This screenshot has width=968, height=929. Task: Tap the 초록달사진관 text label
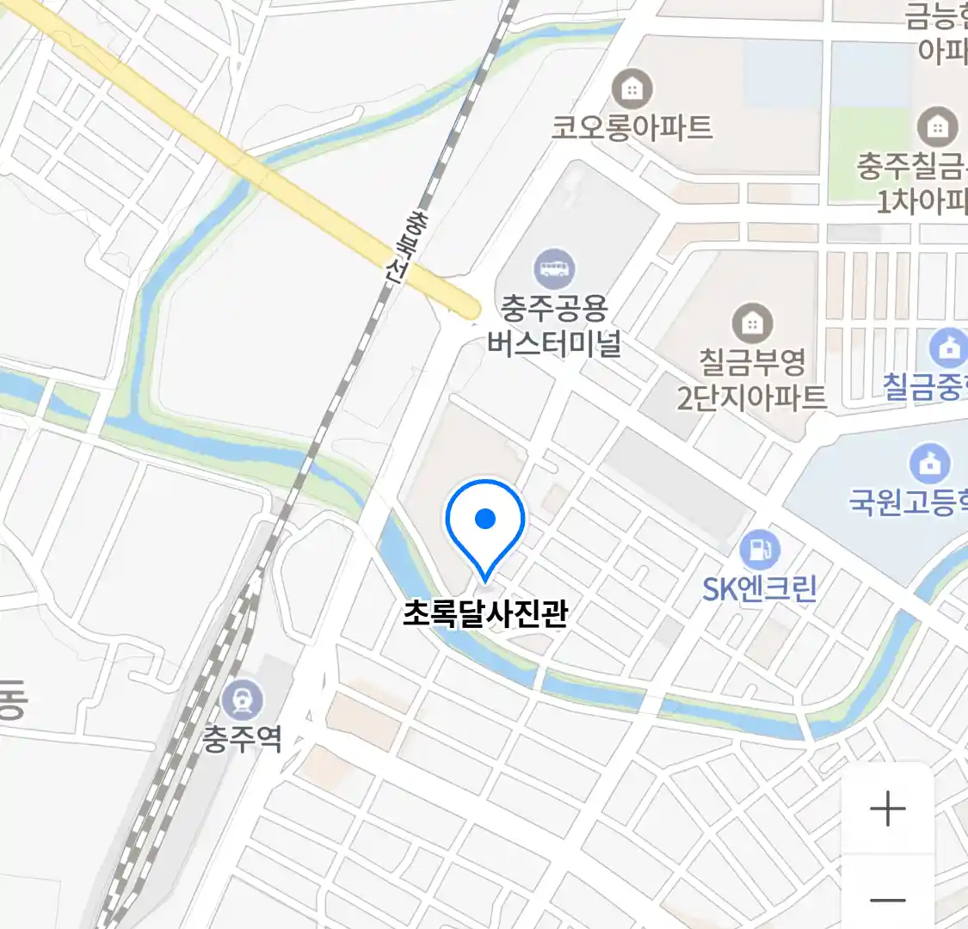(485, 613)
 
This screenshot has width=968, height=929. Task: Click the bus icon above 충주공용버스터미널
(554, 269)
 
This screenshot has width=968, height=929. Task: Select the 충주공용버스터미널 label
(554, 326)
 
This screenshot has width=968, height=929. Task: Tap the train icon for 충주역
(242, 700)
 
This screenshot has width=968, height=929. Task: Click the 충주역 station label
(242, 739)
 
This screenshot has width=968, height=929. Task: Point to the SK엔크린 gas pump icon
(759, 549)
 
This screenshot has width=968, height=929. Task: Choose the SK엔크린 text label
(759, 589)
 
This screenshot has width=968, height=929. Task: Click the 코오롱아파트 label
(632, 128)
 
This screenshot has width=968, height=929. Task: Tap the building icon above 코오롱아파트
(632, 89)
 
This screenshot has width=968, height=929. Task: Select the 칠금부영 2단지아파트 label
(751, 379)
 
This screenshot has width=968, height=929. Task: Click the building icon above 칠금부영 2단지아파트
(752, 323)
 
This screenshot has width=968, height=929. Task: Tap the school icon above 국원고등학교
(930, 464)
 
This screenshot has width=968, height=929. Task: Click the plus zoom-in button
(887, 809)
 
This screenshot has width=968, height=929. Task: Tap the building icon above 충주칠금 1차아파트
(937, 127)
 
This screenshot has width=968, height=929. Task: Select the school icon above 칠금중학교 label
(949, 348)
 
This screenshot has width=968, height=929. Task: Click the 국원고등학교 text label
(908, 501)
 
